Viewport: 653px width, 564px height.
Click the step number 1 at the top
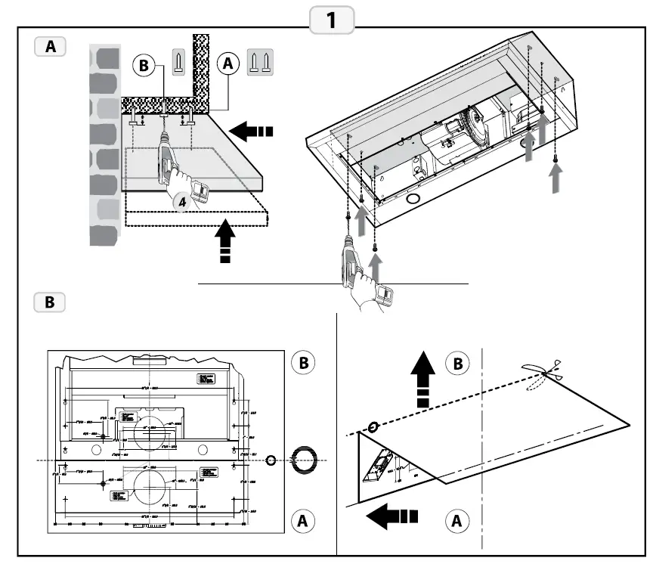tap(330, 20)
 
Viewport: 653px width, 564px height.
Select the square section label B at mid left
tap(50, 302)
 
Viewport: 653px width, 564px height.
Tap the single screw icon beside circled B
tap(178, 62)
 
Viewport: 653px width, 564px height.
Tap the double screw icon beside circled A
tap(260, 62)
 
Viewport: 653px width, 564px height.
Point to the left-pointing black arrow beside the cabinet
tap(249, 131)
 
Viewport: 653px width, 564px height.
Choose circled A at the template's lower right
tap(302, 520)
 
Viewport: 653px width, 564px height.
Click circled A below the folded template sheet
tap(455, 520)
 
